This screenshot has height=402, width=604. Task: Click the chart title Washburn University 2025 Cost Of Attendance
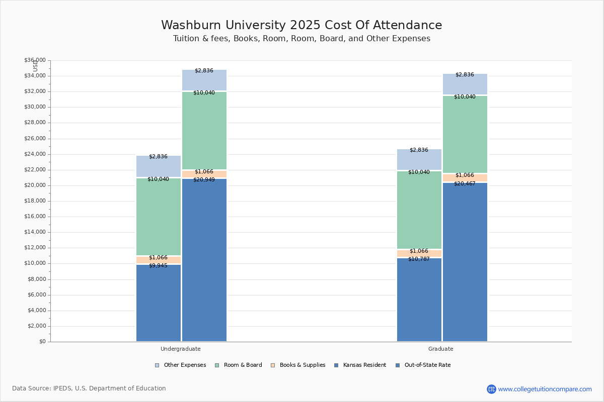tap(301, 25)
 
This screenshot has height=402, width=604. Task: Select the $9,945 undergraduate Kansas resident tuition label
tap(158, 265)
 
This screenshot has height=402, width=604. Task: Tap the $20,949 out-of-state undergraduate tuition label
tap(204, 179)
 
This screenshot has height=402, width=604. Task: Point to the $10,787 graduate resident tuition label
tap(419, 259)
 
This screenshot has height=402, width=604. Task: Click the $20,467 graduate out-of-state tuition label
tap(465, 183)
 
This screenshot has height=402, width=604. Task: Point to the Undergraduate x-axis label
tap(181, 349)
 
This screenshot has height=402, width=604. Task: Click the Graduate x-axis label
tap(441, 349)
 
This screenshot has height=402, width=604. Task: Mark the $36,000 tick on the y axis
tap(35, 60)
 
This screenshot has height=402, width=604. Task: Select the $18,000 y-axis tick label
tap(35, 201)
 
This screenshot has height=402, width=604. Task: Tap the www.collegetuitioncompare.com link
tap(545, 389)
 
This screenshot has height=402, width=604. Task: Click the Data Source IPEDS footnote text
tap(89, 388)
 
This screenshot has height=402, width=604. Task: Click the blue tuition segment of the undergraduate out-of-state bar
tap(204, 261)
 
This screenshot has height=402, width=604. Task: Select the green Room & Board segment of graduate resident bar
tap(419, 211)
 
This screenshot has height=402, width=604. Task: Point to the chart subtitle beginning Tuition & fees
tap(301, 39)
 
